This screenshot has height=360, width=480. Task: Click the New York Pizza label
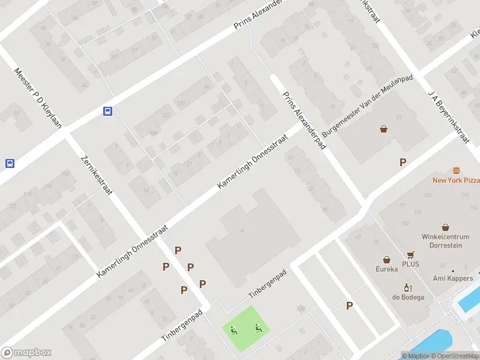[x=456, y=180]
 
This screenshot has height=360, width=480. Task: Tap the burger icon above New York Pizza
[x=456, y=170]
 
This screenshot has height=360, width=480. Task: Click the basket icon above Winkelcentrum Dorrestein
[x=445, y=227]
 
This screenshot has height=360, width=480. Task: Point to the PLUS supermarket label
[x=410, y=264]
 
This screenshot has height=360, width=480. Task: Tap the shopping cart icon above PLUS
[x=410, y=255]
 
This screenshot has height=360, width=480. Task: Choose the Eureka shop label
[x=387, y=269]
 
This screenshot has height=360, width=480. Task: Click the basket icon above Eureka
[x=387, y=260]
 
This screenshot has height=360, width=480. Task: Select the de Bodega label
[x=409, y=297]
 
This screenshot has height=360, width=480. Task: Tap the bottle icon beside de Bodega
[x=409, y=287]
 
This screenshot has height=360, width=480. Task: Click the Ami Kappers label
[x=452, y=278]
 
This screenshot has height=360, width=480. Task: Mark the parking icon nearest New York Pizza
[x=403, y=162]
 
